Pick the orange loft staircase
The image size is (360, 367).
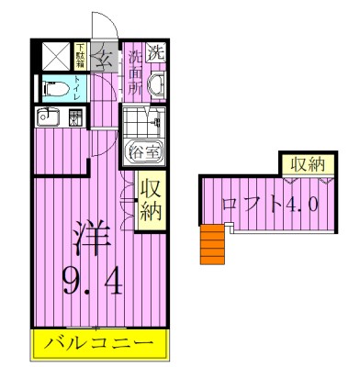[x=213, y=245]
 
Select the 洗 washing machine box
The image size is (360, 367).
[x=158, y=52]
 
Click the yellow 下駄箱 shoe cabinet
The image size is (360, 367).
[x=80, y=55]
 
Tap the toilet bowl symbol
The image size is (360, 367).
[x=54, y=90]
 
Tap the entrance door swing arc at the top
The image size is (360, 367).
[x=101, y=26]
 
